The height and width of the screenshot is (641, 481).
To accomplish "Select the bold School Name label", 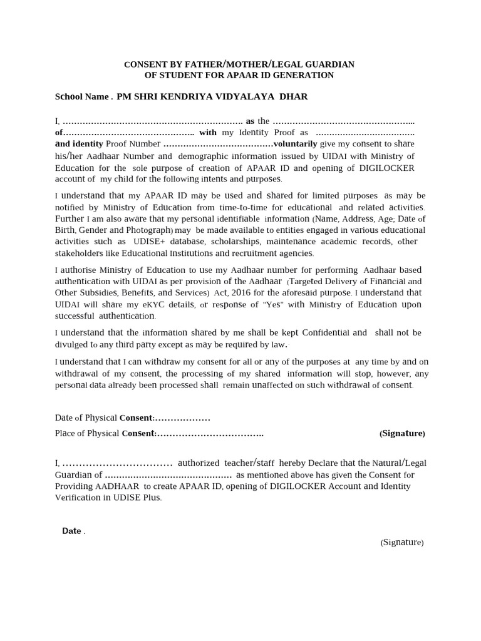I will [82, 97].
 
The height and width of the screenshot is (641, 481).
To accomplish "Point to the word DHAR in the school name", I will [293, 97].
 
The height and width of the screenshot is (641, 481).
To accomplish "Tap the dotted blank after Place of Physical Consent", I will [210, 433].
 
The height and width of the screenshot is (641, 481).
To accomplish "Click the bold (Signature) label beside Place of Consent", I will [402, 433].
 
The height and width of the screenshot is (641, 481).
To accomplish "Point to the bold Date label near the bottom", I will [72, 531].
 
